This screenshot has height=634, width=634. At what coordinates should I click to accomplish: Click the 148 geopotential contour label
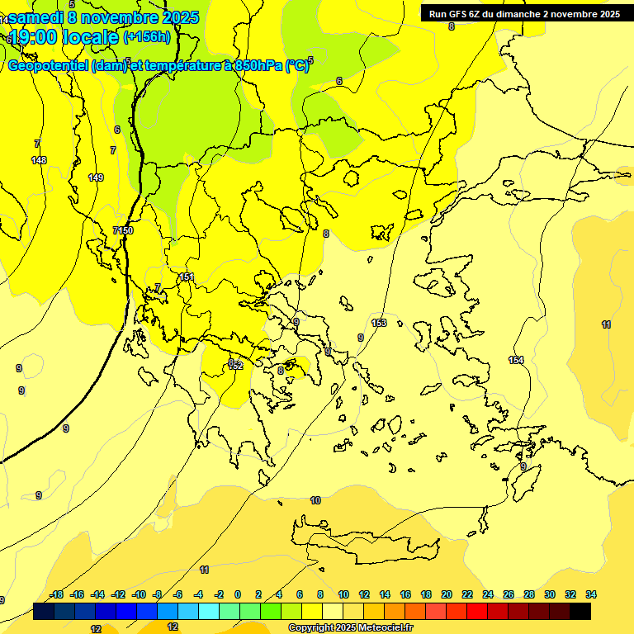pyautogui.click(x=39, y=160)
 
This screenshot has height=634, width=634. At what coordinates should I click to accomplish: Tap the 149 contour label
pyautogui.click(x=96, y=177)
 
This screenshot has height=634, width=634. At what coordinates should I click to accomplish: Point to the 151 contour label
pyautogui.click(x=187, y=277)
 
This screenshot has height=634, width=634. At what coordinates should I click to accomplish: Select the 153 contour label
pyautogui.click(x=379, y=323)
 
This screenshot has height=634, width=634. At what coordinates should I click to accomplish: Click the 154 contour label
pyautogui.click(x=516, y=360)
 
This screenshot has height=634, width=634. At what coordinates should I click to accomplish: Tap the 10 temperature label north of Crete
pyautogui.click(x=315, y=501)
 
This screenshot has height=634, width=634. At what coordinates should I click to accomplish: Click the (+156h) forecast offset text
pyautogui.click(x=147, y=37)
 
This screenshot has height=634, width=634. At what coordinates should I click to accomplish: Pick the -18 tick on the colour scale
pyautogui.click(x=57, y=594)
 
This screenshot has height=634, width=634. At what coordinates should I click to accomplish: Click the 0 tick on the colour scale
pyautogui.click(x=238, y=594)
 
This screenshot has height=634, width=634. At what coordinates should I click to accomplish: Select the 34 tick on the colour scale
pyautogui.click(x=591, y=594)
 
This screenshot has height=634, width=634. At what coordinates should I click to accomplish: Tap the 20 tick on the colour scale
pyautogui.click(x=447, y=594)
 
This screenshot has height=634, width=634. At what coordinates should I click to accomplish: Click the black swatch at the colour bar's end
pyautogui.click(x=580, y=611)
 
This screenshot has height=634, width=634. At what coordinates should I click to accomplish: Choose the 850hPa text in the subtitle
pyautogui.click(x=257, y=66)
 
